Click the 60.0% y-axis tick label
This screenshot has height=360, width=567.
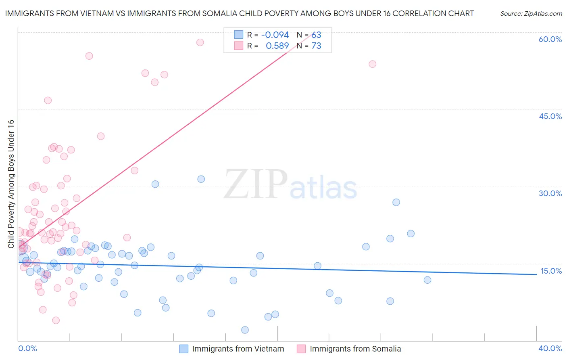point(550,40)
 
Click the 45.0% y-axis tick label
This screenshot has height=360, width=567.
point(550,116)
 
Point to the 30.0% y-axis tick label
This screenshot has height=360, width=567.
point(550,193)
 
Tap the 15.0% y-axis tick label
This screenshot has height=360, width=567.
point(551,271)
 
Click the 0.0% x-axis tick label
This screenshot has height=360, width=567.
point(27,348)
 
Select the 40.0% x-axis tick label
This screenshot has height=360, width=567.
point(550,348)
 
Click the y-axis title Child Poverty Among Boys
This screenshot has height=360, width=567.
point(11,184)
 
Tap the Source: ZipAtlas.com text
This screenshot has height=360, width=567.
point(531,14)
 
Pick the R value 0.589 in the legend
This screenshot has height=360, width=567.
point(277,46)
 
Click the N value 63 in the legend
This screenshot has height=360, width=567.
point(316,35)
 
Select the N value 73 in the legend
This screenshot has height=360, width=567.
point(316,46)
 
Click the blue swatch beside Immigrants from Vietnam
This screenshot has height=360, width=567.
point(184,349)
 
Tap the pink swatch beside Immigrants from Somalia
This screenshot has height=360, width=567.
point(301,349)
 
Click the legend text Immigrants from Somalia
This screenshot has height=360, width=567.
point(355,349)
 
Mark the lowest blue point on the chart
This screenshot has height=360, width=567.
point(245,330)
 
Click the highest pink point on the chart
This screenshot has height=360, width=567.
point(200,42)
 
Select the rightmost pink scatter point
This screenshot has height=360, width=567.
point(373,64)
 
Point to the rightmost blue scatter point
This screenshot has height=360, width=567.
point(427,280)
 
